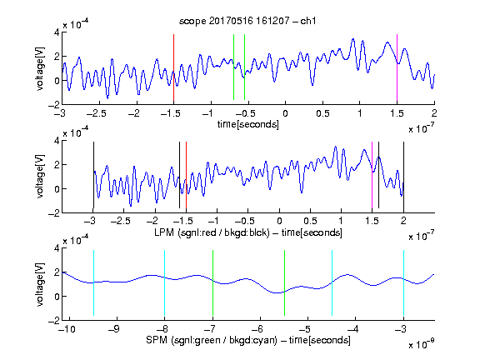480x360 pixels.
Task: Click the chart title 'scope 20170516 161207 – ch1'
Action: tap(247, 21)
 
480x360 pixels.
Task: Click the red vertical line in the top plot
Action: tap(173, 68)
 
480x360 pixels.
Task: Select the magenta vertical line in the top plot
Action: tap(397, 68)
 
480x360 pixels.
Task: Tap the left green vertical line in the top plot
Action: tap(234, 67)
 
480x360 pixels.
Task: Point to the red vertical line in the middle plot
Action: tap(186, 175)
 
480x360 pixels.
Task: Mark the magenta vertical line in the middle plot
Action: tap(372, 175)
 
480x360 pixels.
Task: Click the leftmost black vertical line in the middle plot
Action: tap(93, 175)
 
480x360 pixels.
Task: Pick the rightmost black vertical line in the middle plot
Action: tap(403, 175)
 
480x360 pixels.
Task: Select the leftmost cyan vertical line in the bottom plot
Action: tap(93, 282)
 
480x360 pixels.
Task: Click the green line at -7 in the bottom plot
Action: tap(212, 282)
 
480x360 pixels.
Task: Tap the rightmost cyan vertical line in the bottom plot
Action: tap(403, 282)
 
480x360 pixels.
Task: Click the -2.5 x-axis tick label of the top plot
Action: tap(96, 114)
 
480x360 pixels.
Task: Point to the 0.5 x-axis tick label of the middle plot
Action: tap(310, 221)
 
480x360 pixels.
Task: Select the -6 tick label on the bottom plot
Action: tap(258, 329)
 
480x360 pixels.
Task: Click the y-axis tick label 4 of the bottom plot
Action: tap(57, 248)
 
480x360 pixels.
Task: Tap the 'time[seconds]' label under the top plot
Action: tap(248, 124)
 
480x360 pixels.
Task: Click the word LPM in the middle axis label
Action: tap(164, 232)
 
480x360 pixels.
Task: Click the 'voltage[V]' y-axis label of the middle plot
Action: tap(40, 177)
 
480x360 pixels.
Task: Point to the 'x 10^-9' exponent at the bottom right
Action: tap(421, 343)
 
